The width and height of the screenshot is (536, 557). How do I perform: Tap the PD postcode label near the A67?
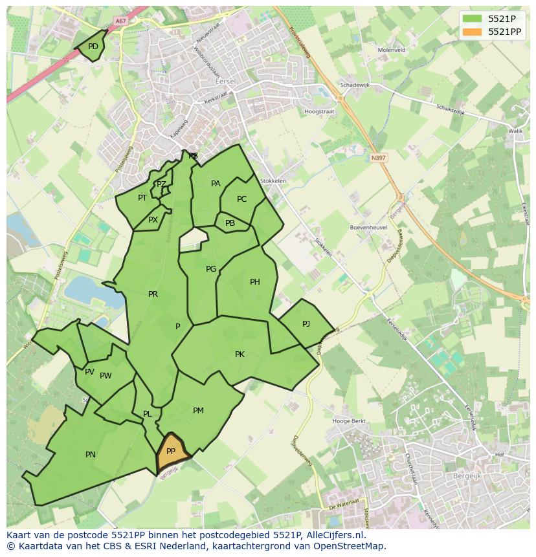coord(93,47)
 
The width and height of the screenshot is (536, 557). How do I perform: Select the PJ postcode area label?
coord(306,323)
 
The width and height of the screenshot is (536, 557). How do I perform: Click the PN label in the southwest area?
coord(91,455)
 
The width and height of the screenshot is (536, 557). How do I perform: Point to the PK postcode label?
coord(240,354)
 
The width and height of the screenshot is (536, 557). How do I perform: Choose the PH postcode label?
coord(255,282)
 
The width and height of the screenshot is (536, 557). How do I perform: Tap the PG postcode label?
coord(211,269)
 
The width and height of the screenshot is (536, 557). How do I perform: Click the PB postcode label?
coord(230,223)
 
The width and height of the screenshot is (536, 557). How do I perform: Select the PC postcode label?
coord(241,199)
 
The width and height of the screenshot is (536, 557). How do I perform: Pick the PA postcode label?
coord(216,184)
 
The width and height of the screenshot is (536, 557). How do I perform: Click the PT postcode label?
coord(142,198)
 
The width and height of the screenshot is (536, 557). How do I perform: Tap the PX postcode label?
coord(153,220)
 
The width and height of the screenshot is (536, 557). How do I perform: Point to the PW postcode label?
coord(106,376)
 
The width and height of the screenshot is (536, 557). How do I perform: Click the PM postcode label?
coord(198,411)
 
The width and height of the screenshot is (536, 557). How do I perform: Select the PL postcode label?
coord(148,414)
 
